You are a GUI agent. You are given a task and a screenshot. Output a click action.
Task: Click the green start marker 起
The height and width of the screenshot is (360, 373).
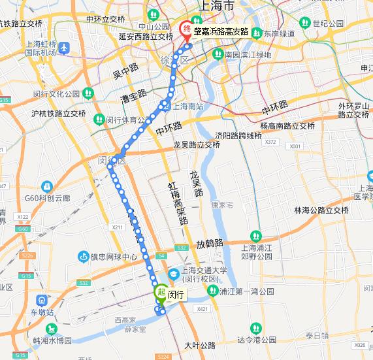[160, 293]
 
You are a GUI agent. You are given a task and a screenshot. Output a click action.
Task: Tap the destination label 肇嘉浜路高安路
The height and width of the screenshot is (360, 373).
[222, 31]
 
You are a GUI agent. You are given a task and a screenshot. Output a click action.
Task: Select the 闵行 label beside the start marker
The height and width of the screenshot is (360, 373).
[175, 295]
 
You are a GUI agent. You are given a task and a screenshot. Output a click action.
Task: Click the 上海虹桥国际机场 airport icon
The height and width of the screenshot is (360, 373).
[64, 47]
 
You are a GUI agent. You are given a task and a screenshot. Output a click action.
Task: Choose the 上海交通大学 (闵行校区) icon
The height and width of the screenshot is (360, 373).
[174, 273]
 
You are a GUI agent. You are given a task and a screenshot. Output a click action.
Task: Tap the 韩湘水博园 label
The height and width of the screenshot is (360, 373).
[52, 340]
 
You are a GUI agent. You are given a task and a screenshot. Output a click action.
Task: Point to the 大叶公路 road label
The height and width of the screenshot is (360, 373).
[200, 344]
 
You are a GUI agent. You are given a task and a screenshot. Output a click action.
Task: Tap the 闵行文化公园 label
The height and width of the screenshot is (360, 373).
[56, 93]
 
